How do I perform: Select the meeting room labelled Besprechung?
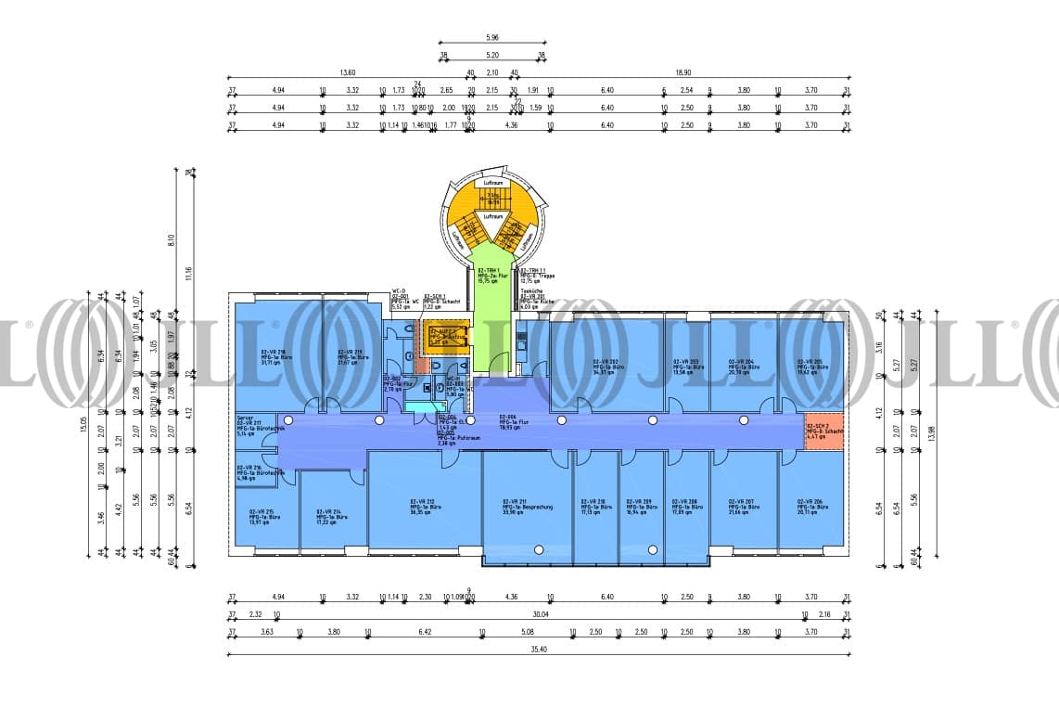pyautogui.click(x=515, y=505)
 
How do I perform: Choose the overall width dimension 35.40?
pyautogui.click(x=540, y=650)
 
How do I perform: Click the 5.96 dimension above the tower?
pyautogui.click(x=492, y=38)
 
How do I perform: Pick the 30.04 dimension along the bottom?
pyautogui.click(x=540, y=614)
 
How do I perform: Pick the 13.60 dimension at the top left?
pyautogui.click(x=348, y=72)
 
